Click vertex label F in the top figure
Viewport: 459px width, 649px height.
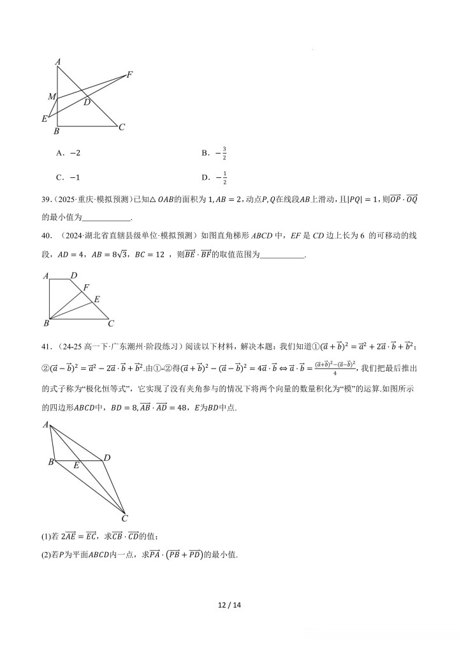pyautogui.click(x=129, y=75)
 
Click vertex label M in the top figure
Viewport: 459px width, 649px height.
pyautogui.click(x=51, y=97)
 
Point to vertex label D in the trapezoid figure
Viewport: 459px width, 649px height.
pyautogui.click(x=74, y=275)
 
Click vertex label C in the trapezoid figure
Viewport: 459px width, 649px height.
pyautogui.click(x=110, y=324)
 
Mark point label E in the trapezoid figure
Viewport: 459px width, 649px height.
pyautogui.click(x=97, y=298)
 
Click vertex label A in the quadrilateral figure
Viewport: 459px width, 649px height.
pyautogui.click(x=45, y=425)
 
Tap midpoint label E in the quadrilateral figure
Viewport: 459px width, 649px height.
pyautogui.click(x=76, y=466)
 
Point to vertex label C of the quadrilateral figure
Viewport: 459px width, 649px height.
pyautogui.click(x=125, y=518)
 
